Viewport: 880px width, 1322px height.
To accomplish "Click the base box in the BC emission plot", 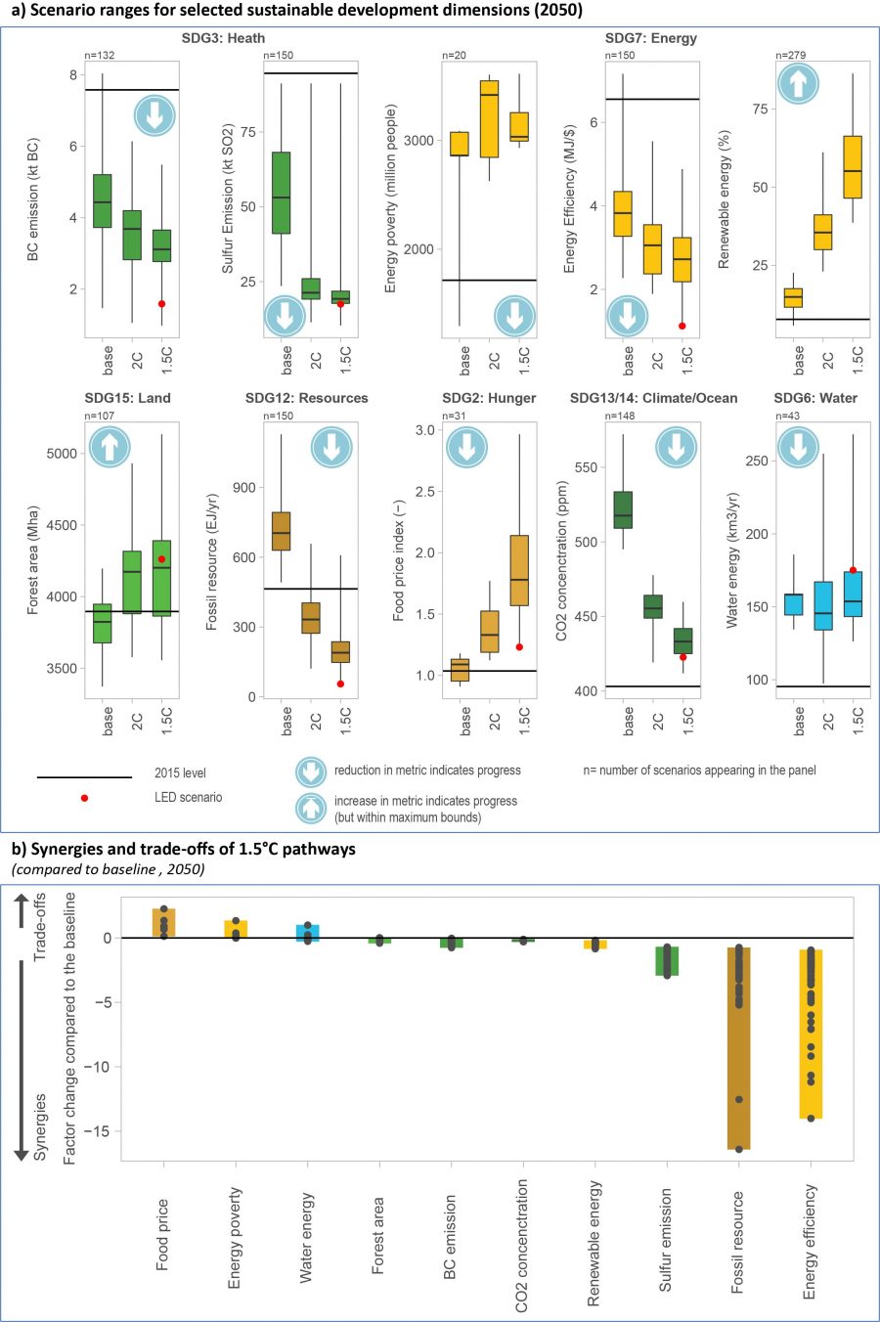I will point(102,200).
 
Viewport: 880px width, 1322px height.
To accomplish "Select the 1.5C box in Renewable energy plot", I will point(853,167).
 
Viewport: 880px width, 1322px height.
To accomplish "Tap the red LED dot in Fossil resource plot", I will point(340,684).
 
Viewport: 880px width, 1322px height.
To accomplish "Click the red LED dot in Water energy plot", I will point(853,570).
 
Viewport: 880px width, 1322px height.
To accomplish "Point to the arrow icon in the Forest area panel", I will point(110,447).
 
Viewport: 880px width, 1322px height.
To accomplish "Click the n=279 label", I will point(791,55).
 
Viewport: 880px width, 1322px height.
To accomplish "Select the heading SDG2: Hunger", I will point(489,398).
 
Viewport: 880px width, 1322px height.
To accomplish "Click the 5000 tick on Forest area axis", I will point(61,454).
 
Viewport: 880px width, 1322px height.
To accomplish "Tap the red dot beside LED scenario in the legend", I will point(84,798).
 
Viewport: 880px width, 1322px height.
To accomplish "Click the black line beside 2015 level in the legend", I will point(84,777).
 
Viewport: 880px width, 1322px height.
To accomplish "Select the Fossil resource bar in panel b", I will point(738,1046).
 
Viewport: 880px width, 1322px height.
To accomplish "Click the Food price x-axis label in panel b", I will point(162,1234).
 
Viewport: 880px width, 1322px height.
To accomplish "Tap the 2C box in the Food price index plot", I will point(490,631).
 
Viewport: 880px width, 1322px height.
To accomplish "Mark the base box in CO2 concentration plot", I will point(623,509).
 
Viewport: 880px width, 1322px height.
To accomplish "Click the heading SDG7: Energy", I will point(651,38).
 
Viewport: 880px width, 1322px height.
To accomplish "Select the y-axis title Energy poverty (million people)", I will point(391,198).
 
